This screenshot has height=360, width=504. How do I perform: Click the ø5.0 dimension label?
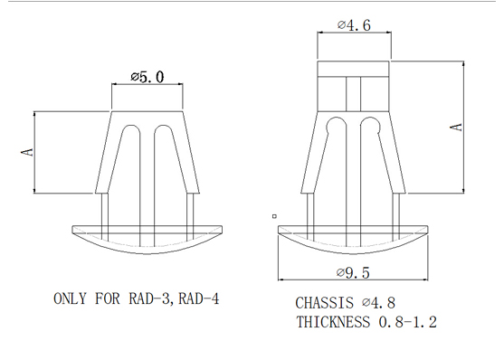coord(147,77)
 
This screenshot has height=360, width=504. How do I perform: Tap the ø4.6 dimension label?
coord(354,25)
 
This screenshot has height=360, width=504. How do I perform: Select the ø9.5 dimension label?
coord(353,273)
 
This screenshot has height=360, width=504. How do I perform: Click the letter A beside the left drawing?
coord(27,152)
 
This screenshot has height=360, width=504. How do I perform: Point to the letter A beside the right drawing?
coord(456,128)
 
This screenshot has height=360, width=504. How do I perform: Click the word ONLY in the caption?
coord(70,298)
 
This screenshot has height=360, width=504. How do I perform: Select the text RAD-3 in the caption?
coord(148,298)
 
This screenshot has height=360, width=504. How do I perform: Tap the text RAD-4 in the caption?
coord(199,298)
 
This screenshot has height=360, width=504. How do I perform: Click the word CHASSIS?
coord(324,303)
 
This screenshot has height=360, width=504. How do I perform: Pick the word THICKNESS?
coord(333,322)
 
